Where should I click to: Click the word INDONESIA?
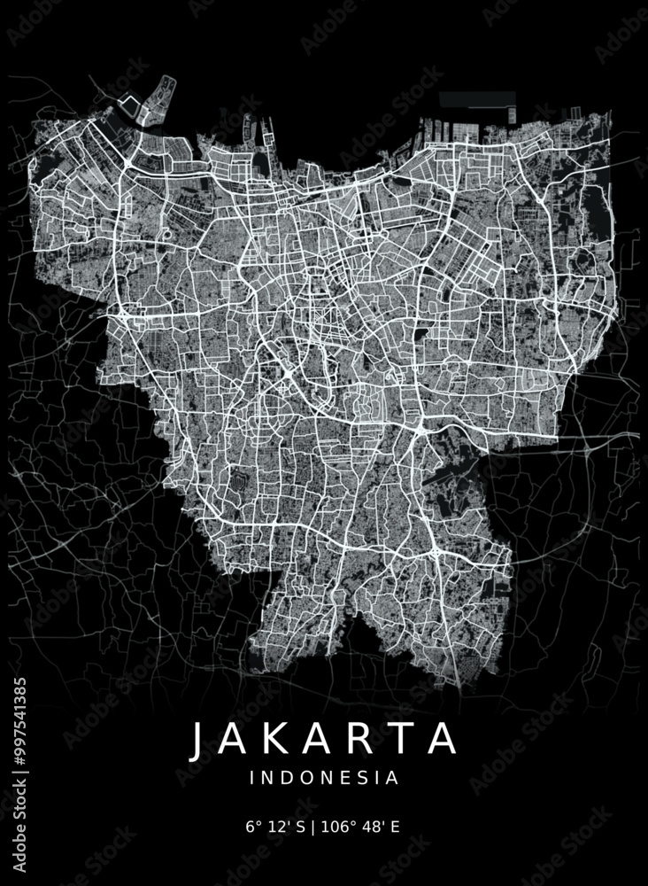(324, 779)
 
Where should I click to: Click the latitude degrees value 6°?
(252, 828)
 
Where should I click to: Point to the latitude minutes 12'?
(275, 828)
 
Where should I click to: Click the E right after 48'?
(395, 828)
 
